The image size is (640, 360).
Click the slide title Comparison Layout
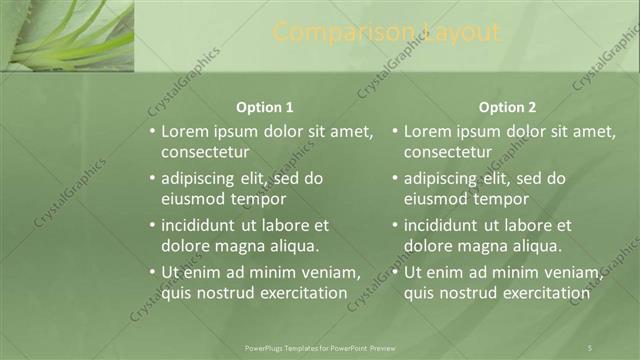(x=387, y=33)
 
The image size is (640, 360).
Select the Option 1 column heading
(x=264, y=107)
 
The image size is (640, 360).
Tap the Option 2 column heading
(x=507, y=107)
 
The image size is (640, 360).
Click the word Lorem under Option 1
(x=184, y=131)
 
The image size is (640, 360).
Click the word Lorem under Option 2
(x=427, y=131)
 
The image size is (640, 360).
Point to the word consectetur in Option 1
(x=205, y=152)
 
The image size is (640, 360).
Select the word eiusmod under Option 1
(x=195, y=198)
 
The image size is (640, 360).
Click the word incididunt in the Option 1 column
(x=199, y=225)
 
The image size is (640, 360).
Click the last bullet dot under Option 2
(x=395, y=272)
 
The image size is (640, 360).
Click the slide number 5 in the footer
(x=591, y=348)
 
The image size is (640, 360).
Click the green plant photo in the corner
(x=67, y=35)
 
